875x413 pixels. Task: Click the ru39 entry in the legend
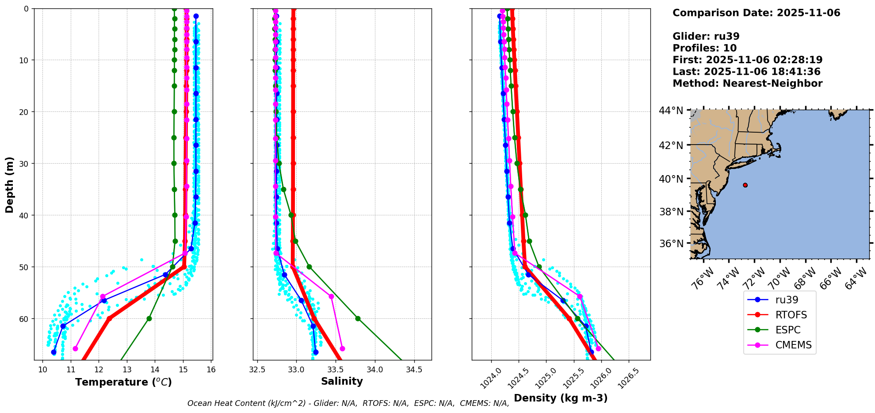786,300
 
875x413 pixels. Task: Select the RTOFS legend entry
791,315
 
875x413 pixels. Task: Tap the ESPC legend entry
787,330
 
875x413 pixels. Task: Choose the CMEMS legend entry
793,345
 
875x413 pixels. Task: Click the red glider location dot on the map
745,185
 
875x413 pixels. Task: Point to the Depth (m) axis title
10,184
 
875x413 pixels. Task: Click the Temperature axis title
123,382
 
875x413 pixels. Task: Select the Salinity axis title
342,381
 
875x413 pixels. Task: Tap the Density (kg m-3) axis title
561,398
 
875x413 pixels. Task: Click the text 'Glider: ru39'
706,36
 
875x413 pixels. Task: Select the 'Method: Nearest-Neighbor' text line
747,83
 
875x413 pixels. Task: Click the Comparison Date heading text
756,13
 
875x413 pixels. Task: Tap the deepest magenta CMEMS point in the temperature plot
75,348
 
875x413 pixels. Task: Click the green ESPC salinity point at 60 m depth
358,318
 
